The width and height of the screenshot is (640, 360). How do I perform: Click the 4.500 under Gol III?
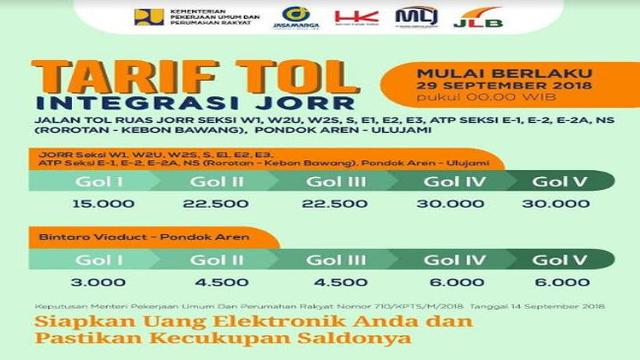[327, 283]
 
